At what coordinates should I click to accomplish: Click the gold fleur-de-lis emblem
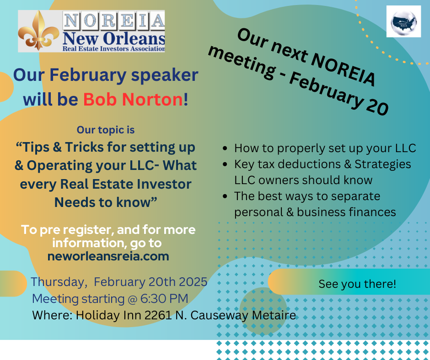[38, 31]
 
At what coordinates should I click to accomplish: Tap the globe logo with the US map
[403, 21]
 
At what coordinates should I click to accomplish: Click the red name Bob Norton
[133, 99]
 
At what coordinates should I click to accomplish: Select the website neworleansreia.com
[108, 256]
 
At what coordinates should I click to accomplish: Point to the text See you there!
[357, 284]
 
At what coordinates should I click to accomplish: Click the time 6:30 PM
[164, 298]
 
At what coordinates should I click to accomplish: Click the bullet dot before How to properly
[225, 148]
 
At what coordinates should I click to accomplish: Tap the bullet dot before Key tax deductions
[225, 164]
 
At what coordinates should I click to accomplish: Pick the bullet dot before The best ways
[225, 196]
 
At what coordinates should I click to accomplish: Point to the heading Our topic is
[106, 130]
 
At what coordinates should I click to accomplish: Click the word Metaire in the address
[274, 315]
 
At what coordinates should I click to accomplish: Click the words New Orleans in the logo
[114, 38]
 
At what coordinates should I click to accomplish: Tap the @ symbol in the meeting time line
[133, 299]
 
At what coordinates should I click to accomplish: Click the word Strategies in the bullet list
[382, 164]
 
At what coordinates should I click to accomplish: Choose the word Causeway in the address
[219, 315]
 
